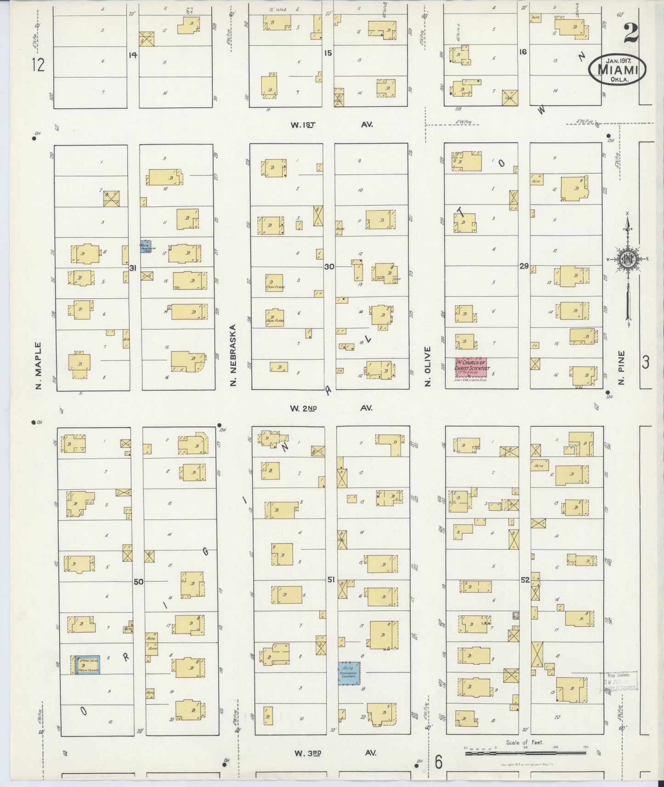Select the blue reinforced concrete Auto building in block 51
(x=349, y=674)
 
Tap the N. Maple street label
(x=39, y=365)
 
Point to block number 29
(x=523, y=266)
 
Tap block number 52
(x=525, y=580)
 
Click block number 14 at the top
(x=133, y=55)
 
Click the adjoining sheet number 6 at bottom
(x=438, y=762)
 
